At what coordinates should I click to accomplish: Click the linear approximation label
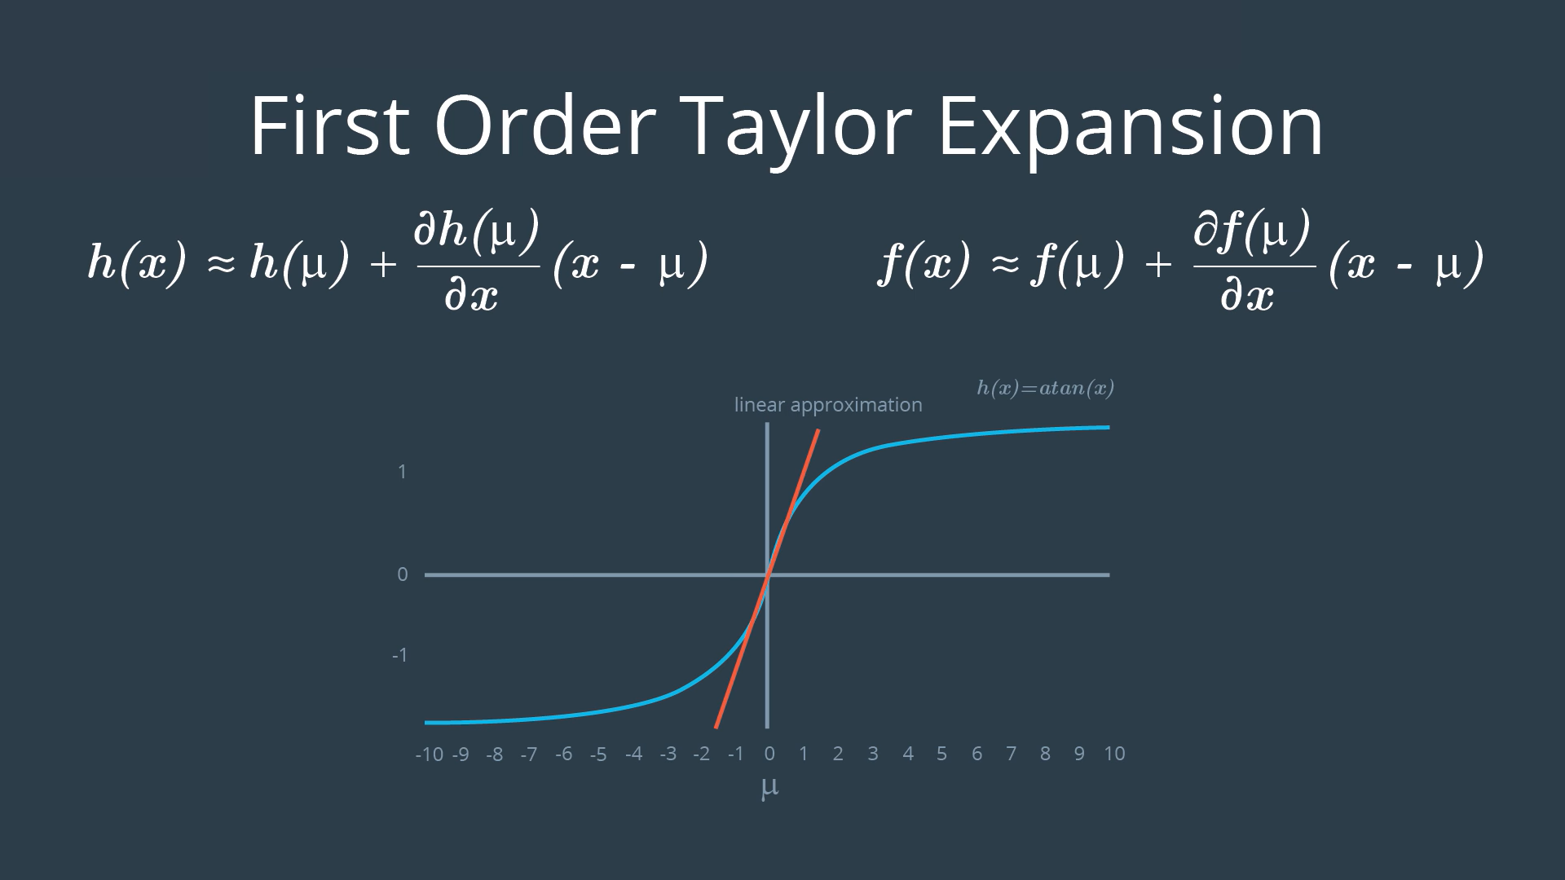[828, 406]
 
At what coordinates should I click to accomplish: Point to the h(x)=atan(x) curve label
[1046, 388]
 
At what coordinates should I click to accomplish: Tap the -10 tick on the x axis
[430, 755]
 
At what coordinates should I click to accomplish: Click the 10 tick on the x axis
[1114, 754]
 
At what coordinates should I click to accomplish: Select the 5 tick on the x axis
[941, 754]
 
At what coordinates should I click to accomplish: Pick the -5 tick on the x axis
[598, 755]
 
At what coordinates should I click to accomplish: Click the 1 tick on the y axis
[402, 472]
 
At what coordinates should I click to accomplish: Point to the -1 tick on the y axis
[399, 655]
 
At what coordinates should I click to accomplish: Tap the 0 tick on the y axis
[402, 574]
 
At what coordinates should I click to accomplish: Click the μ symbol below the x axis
[769, 788]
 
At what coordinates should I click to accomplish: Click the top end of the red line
[818, 429]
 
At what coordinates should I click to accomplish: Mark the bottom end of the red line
[716, 727]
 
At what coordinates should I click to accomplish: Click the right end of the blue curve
[1109, 427]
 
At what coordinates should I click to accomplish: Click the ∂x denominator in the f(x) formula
[1247, 295]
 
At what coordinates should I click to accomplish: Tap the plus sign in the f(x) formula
[1158, 264]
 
